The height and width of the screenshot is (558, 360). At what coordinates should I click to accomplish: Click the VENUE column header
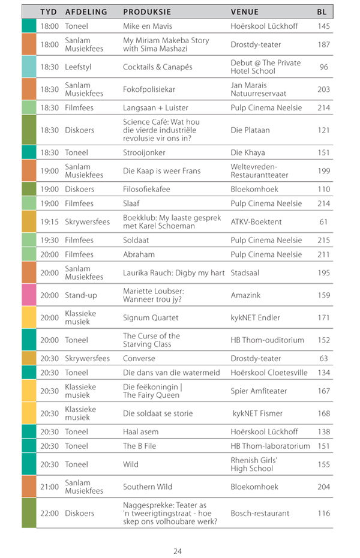(245, 11)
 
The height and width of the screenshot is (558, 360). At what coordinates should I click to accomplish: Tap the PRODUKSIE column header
(147, 11)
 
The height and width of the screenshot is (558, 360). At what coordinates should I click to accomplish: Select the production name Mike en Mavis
(148, 26)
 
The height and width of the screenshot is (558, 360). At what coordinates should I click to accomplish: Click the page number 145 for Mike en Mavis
(323, 26)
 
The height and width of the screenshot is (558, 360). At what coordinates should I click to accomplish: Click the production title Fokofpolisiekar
(149, 89)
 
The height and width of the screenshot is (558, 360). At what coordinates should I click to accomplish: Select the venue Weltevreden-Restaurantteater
(259, 171)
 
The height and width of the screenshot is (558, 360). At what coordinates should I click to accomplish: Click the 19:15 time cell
(50, 222)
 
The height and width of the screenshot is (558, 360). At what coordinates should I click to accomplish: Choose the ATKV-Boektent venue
(256, 222)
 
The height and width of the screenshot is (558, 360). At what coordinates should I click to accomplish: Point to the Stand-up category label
(79, 295)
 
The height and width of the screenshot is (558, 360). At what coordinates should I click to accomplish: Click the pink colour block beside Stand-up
(29, 295)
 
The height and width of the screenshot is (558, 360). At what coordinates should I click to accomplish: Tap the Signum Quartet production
(151, 317)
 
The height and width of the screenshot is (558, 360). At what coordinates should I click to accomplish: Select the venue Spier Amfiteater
(259, 391)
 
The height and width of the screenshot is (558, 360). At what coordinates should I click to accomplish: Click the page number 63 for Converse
(323, 358)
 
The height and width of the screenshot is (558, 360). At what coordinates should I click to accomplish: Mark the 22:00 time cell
(50, 513)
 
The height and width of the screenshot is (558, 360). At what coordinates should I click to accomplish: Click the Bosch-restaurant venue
(260, 513)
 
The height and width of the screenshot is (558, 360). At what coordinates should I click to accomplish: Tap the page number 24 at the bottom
(178, 551)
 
